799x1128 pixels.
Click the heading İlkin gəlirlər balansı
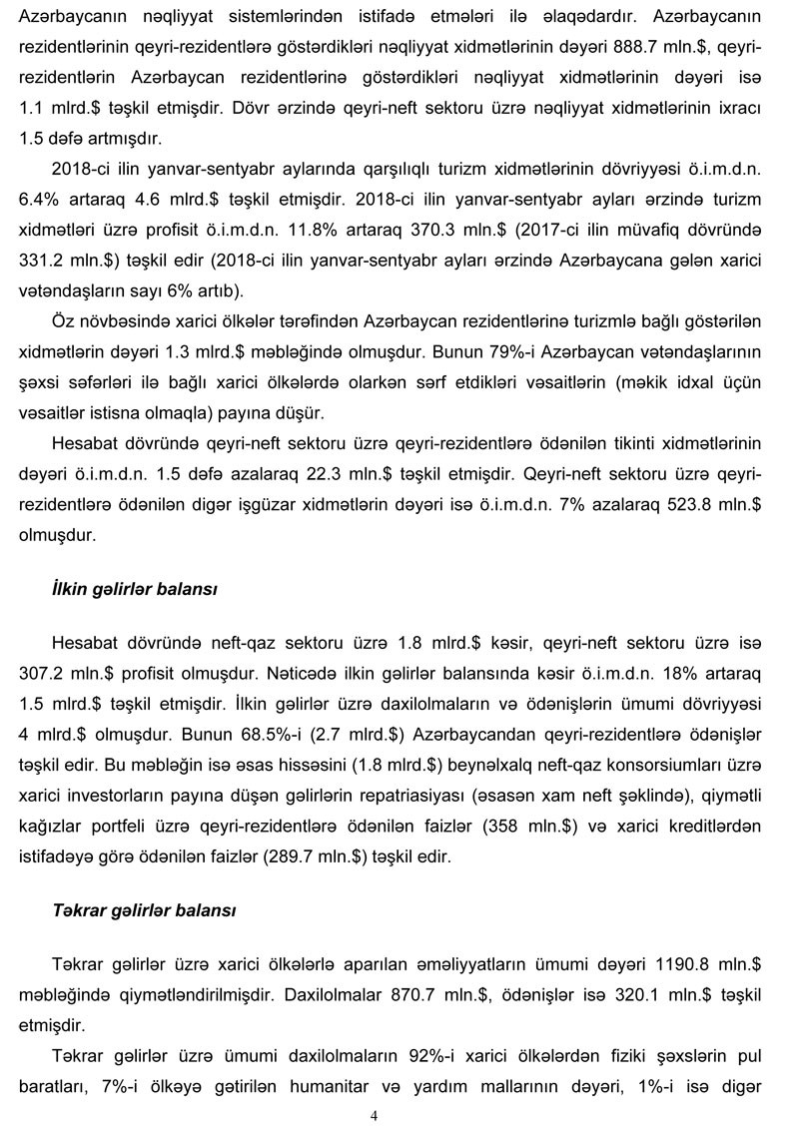(x=134, y=590)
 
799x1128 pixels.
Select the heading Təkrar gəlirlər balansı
(x=144, y=911)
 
